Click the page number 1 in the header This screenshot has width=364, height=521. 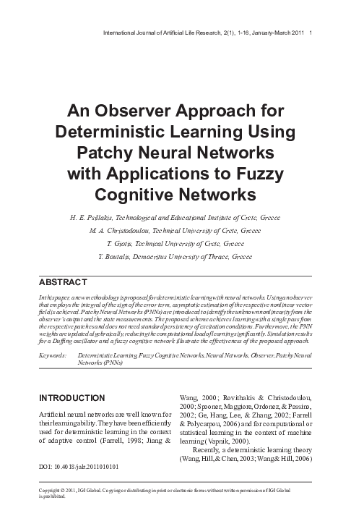coord(310,33)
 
